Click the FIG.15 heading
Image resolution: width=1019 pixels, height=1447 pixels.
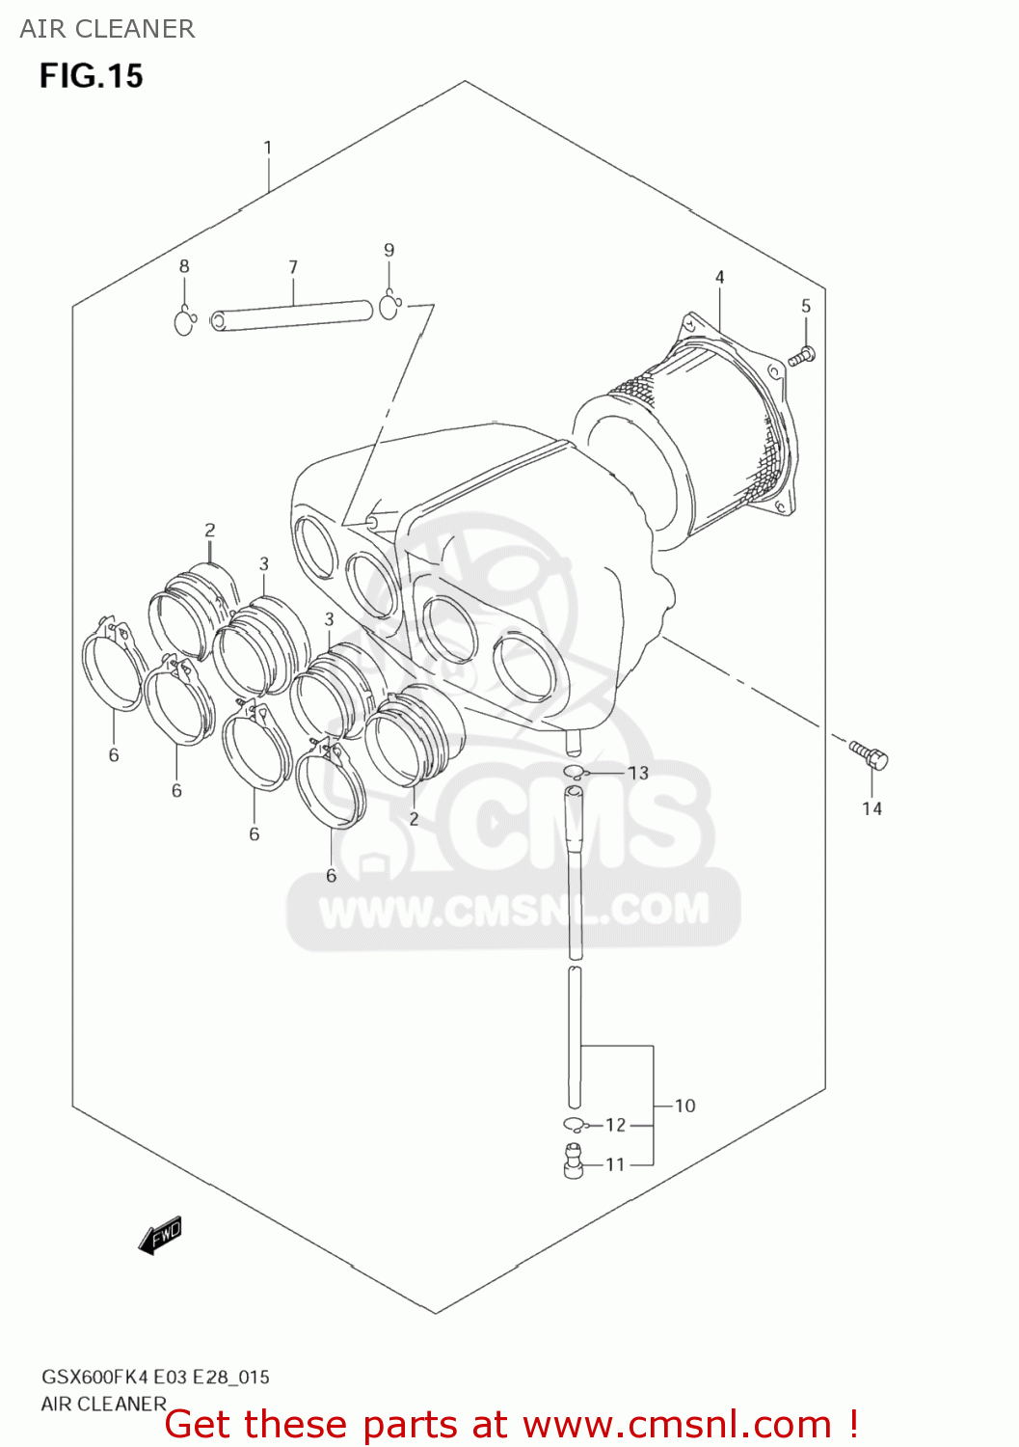pos(91,75)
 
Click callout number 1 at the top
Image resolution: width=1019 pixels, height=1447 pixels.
pos(267,148)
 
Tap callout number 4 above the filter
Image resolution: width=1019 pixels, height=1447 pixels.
pos(719,277)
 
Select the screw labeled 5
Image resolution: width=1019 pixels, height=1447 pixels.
pos(802,356)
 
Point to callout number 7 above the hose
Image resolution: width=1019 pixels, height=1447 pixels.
pos(293,267)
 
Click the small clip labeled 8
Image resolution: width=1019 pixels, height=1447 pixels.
pos(184,320)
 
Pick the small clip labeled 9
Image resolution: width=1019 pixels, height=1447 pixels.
pos(389,306)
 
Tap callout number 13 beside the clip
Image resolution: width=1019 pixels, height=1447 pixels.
pos(638,773)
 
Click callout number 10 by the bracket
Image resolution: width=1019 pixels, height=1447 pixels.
pos(684,1106)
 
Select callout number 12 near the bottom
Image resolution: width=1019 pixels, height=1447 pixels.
pos(615,1125)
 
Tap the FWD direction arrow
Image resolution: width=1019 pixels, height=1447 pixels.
pos(160,1235)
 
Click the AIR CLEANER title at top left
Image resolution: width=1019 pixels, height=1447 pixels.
pos(107,29)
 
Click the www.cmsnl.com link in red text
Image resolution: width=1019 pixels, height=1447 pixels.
pos(676,1424)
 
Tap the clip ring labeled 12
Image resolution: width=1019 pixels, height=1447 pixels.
pos(575,1124)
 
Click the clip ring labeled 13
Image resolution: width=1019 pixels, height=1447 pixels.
pos(575,771)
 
